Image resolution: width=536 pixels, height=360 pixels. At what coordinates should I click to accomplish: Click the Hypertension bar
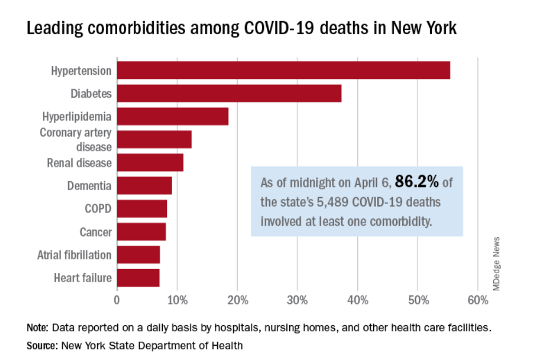[x=283, y=70]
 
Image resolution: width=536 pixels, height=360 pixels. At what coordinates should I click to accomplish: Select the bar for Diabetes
[x=229, y=93]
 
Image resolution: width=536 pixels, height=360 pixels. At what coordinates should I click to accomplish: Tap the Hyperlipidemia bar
[x=173, y=116]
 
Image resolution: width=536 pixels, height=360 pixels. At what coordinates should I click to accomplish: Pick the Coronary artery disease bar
[x=154, y=139]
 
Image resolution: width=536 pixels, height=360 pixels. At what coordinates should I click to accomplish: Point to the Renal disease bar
[x=150, y=162]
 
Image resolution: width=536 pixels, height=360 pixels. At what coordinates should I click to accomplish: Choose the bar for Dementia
[x=145, y=186]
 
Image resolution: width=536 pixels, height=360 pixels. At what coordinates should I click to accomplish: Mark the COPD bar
[x=142, y=209]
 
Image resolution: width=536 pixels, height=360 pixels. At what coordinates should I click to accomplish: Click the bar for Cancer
[x=142, y=232]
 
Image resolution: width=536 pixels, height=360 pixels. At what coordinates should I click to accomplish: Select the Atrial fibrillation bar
[x=139, y=255]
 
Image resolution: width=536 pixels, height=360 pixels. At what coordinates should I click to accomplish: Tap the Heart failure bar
[x=138, y=278]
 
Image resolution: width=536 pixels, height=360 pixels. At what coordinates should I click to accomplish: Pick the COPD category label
[x=98, y=209]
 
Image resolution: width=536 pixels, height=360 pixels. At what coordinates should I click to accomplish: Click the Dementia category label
[x=89, y=186]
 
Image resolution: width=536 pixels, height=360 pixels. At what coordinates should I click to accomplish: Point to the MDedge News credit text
[x=496, y=263]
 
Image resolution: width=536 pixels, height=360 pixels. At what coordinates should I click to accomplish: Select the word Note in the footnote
[x=38, y=329]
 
